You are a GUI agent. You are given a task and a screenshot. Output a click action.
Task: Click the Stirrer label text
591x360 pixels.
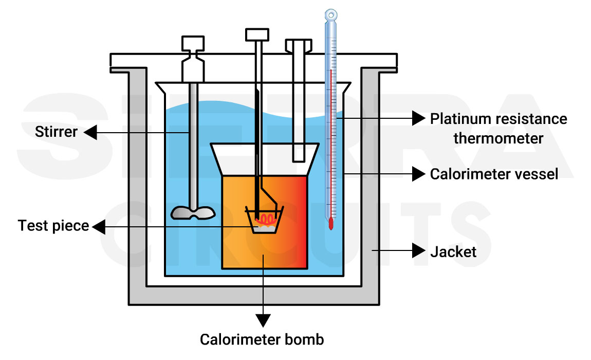[x=56, y=132]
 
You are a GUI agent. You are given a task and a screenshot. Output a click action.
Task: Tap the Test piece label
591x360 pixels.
[x=53, y=226]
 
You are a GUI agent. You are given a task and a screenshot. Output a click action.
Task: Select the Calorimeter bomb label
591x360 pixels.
[x=262, y=340]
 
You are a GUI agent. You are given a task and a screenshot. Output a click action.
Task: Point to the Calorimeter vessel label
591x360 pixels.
[x=494, y=174]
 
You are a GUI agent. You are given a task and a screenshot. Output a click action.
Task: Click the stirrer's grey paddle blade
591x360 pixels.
[x=193, y=212]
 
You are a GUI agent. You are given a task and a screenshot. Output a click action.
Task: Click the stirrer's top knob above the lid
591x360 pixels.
[x=193, y=43]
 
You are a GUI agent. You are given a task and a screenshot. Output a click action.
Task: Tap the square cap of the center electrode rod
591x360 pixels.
[x=257, y=34]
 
